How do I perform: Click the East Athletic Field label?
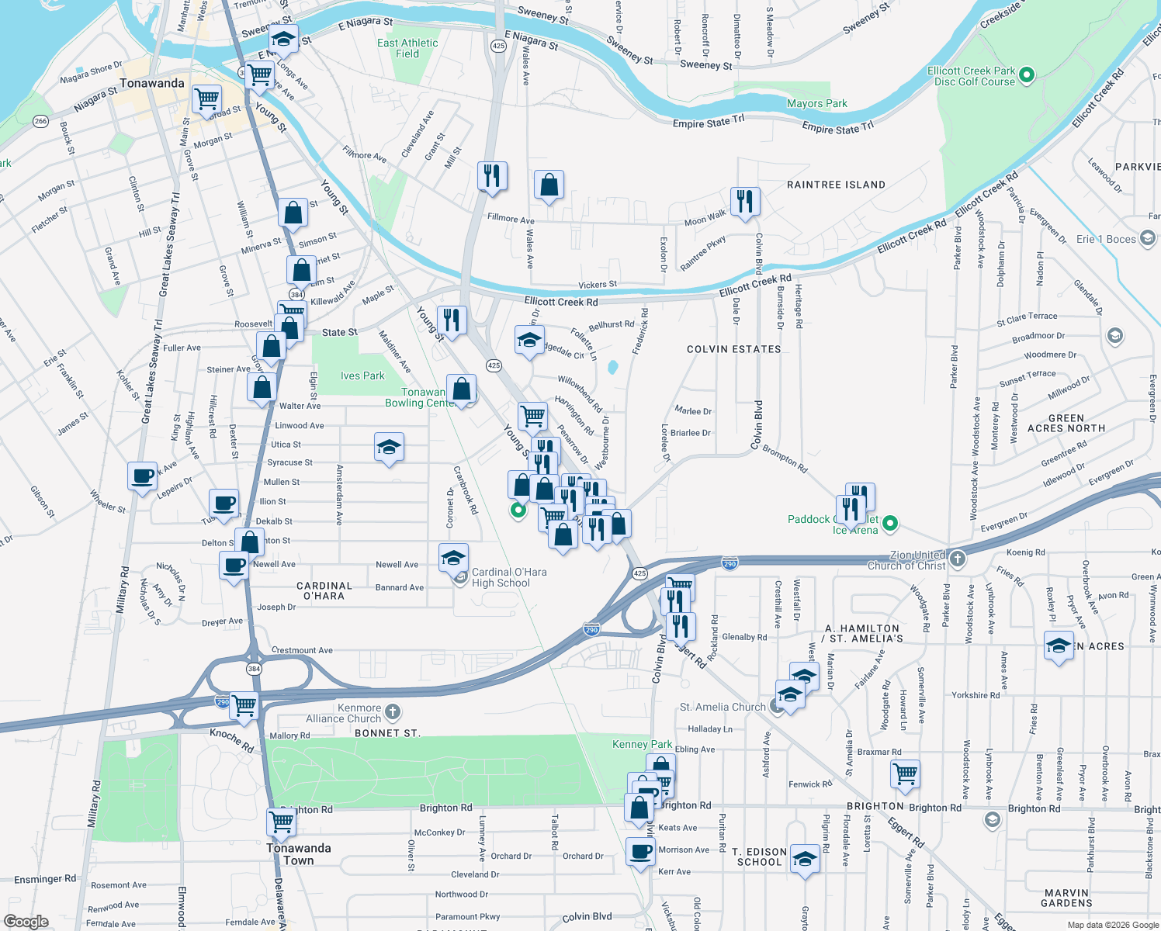point(407,48)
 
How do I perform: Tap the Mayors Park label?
point(816,103)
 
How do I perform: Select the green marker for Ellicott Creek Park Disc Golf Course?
point(1027,75)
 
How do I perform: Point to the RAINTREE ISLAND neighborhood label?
point(836,185)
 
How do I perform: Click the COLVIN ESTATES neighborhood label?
point(733,349)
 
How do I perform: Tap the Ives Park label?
point(362,376)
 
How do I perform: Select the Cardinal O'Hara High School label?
point(508,577)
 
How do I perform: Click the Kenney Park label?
point(642,744)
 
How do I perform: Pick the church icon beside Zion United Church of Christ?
point(958,559)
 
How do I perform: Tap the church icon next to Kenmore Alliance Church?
point(393,711)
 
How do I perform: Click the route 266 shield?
point(40,121)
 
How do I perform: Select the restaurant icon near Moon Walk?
point(744,201)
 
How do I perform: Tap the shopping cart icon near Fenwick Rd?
point(905,774)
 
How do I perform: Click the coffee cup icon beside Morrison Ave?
point(641,851)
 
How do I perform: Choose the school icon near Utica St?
point(389,447)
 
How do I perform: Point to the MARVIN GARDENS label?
point(1066,898)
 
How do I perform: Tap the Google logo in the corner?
point(26,922)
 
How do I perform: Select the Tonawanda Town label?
point(299,854)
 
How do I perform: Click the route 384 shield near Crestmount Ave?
point(254,669)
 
